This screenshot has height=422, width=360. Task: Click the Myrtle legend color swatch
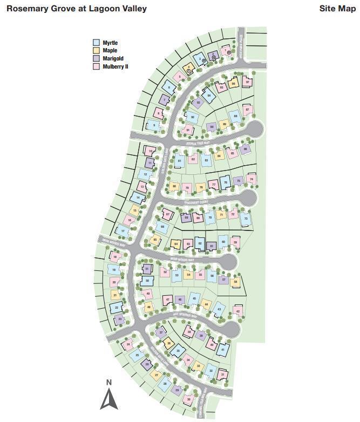(97, 43)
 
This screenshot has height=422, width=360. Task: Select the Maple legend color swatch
(97, 51)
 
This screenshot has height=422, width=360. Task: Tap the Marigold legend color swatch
(97, 58)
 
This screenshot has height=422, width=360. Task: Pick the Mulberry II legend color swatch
(97, 66)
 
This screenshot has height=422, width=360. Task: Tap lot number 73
(246, 219)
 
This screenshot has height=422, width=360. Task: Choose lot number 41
(223, 350)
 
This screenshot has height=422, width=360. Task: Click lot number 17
(124, 232)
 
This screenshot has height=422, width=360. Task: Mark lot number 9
(155, 126)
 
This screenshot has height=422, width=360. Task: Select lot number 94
(209, 94)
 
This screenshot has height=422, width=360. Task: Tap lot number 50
(147, 280)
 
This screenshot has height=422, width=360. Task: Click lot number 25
(137, 355)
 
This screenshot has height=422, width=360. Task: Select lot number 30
(188, 399)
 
